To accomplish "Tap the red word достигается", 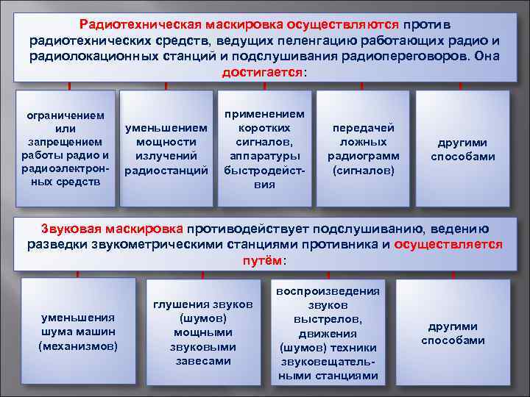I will pos(262,74).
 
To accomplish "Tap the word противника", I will pos(347,245).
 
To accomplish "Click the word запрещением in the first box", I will pos(63,142).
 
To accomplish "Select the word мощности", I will pos(166,142).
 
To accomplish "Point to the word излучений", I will pos(166,156).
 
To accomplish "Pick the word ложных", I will pos(364,142).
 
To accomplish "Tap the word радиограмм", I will pos(364,156).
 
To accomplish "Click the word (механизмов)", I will pos(78,345).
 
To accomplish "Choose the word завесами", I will pos(203,360).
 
